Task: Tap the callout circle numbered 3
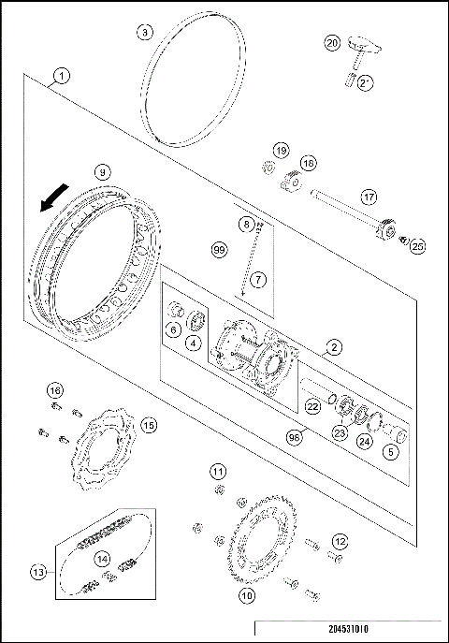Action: tap(144, 31)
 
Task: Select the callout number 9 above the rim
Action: tap(103, 171)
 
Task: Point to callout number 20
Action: tap(332, 43)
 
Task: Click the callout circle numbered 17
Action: tap(369, 197)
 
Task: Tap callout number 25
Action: tap(417, 245)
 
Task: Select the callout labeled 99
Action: tap(219, 250)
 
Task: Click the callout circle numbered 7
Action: tap(258, 279)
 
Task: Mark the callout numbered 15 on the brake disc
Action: tap(148, 424)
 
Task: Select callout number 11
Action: tap(217, 470)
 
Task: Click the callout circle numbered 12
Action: tap(340, 541)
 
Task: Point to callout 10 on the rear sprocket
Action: tap(247, 593)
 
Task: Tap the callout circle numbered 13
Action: tap(38, 572)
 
